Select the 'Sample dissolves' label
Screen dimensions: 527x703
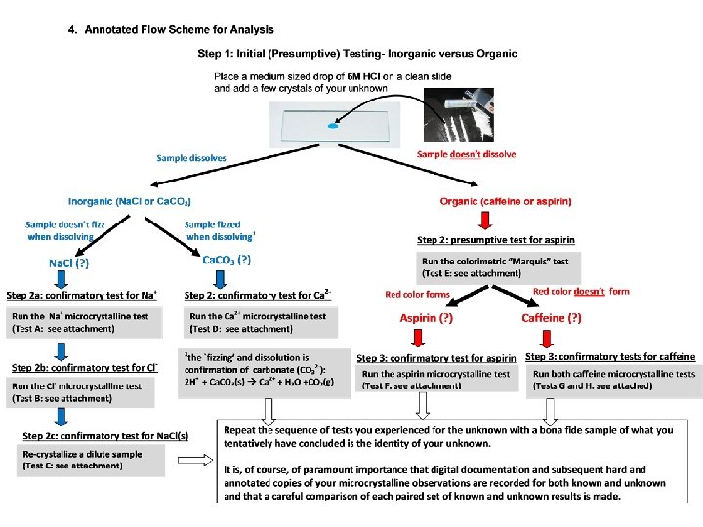coord(191,157)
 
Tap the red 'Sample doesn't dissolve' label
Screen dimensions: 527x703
coord(466,154)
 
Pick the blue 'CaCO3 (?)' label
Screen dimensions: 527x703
coord(226,260)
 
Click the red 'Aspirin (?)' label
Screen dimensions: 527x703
coord(426,318)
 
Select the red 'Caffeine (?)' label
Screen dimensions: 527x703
coord(552,318)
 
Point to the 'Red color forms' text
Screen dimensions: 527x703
coord(417,294)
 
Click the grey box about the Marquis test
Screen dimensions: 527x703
coord(498,267)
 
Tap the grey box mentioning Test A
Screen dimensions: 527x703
coord(84,322)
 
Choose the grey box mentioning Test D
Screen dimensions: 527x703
coord(261,322)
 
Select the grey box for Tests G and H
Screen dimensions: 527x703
coord(614,380)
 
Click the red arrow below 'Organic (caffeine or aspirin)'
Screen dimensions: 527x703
coord(480,219)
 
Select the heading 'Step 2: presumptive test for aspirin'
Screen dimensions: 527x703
coord(495,240)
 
